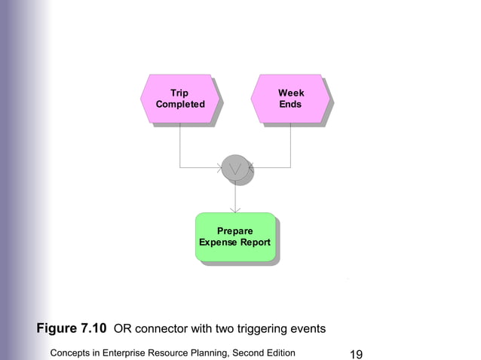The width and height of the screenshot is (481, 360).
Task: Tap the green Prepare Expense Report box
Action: (x=235, y=236)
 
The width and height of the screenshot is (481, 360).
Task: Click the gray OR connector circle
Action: (x=235, y=168)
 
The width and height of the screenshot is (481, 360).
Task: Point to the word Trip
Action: (x=179, y=93)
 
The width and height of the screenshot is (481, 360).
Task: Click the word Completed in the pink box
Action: (x=179, y=105)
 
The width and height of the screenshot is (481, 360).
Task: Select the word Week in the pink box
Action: (x=291, y=93)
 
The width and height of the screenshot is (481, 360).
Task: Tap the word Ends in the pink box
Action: (x=290, y=105)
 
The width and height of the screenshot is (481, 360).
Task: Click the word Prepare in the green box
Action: (x=235, y=230)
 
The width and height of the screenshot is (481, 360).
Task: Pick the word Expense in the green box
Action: (x=218, y=243)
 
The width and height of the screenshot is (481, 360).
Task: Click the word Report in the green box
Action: (x=255, y=243)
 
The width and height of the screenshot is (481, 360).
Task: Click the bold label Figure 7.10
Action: (x=72, y=329)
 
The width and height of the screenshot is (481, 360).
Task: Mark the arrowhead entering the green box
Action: (x=235, y=209)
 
